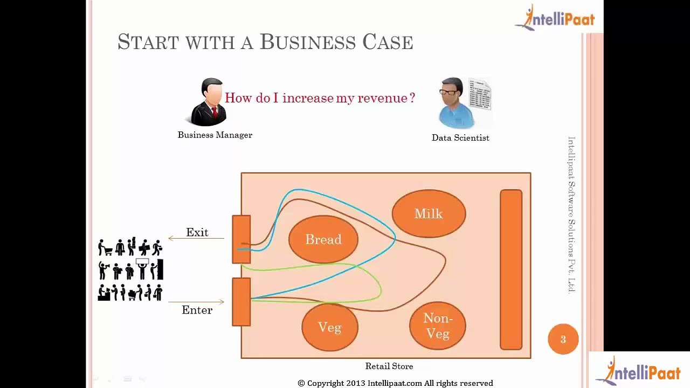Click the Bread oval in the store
pyautogui.click(x=323, y=239)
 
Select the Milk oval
pyautogui.click(x=429, y=214)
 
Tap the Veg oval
pyautogui.click(x=329, y=327)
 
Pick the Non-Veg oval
pyautogui.click(x=437, y=326)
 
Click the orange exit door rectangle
pyautogui.click(x=241, y=239)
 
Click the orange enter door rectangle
pyautogui.click(x=241, y=302)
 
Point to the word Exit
pyautogui.click(x=197, y=232)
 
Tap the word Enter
pyautogui.click(x=197, y=310)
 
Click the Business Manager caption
pyautogui.click(x=215, y=135)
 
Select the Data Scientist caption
pyautogui.click(x=460, y=138)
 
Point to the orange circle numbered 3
pyautogui.click(x=563, y=339)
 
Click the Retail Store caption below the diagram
pyautogui.click(x=389, y=366)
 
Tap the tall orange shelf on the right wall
pyautogui.click(x=510, y=269)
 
